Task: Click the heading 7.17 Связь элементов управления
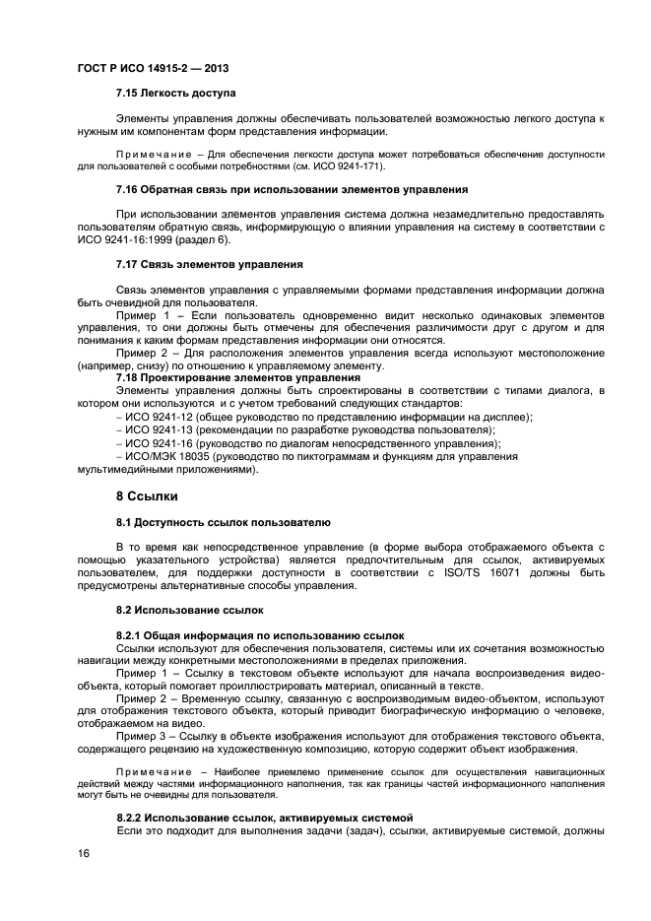pyautogui.click(x=209, y=264)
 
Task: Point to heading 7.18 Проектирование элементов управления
pyautogui.click(x=238, y=377)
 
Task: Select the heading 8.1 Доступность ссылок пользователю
pyautogui.click(x=224, y=521)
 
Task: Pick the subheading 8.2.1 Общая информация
pyautogui.click(x=260, y=635)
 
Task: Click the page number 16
pyautogui.click(x=84, y=855)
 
